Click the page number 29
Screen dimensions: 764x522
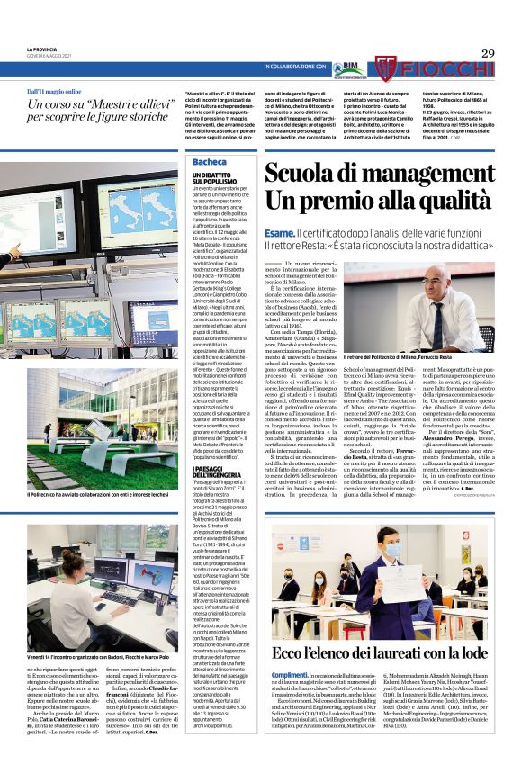pyautogui.click(x=488, y=53)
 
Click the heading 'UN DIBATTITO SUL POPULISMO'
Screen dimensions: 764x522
pyautogui.click(x=214, y=177)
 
